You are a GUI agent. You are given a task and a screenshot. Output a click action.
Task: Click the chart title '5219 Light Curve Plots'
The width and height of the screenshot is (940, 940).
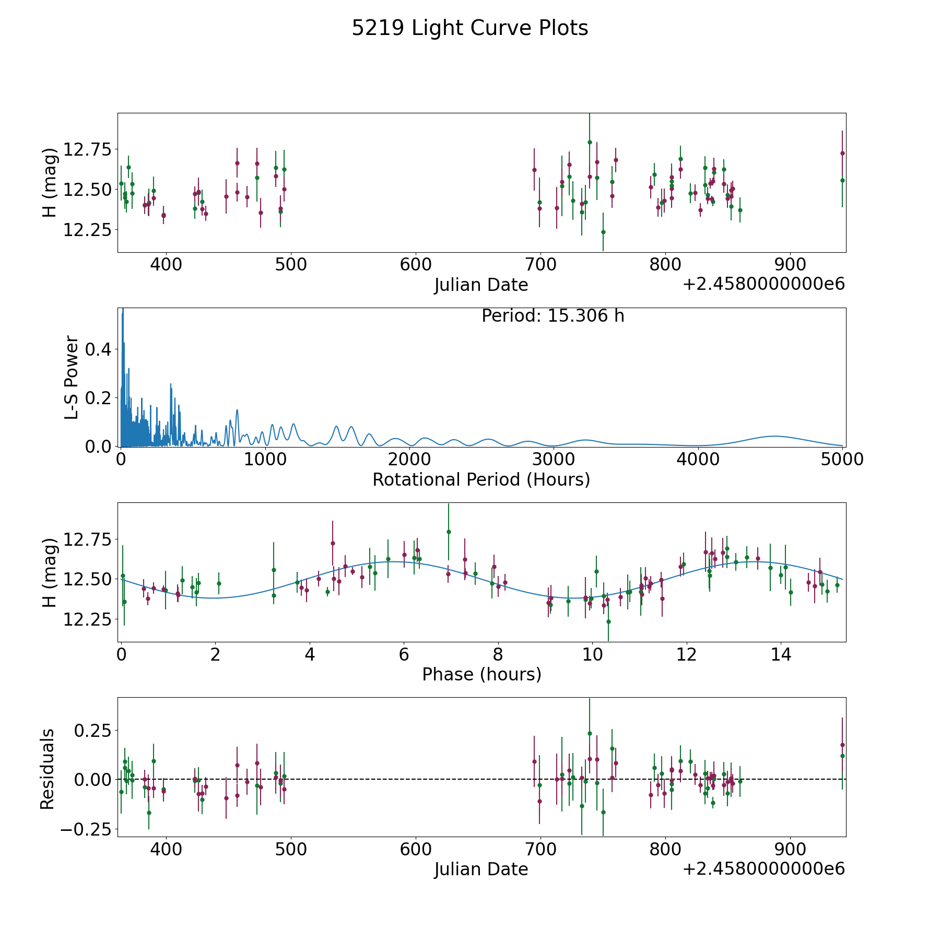tap(469, 28)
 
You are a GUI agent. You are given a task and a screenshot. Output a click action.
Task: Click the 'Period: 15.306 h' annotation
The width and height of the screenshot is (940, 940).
tap(553, 316)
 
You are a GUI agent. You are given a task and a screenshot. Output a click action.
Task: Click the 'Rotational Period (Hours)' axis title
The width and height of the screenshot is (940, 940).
tap(481, 479)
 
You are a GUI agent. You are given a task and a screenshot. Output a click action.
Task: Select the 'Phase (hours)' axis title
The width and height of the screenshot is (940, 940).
tap(481, 674)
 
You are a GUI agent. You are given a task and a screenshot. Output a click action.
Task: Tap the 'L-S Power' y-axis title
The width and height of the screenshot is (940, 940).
tap(72, 377)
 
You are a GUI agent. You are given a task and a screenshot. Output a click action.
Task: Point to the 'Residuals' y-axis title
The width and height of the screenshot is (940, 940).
tap(48, 769)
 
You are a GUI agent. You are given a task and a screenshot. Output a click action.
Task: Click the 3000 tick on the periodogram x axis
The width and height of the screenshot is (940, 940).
tap(554, 460)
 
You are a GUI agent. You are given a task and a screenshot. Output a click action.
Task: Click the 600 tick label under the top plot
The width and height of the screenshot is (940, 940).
tap(416, 265)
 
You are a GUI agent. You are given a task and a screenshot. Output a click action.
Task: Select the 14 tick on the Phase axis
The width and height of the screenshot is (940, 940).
tap(781, 654)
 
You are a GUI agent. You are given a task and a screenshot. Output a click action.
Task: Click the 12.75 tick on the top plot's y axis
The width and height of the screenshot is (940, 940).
tap(87, 150)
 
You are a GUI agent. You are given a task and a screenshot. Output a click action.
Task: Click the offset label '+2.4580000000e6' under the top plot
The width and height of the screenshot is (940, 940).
tap(763, 285)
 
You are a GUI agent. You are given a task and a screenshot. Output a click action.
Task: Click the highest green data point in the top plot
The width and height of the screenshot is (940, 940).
tap(590, 142)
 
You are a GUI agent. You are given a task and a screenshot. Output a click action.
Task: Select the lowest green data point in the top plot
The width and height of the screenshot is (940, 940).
tap(603, 232)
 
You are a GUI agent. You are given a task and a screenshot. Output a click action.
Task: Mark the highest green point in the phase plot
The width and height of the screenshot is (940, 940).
tap(448, 532)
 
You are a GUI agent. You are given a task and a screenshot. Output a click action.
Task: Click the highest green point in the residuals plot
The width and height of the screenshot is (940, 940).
tap(590, 733)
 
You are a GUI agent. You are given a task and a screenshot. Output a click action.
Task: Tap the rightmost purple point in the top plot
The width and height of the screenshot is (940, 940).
tap(842, 153)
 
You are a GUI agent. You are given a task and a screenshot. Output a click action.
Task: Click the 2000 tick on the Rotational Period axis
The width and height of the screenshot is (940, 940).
tap(409, 460)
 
